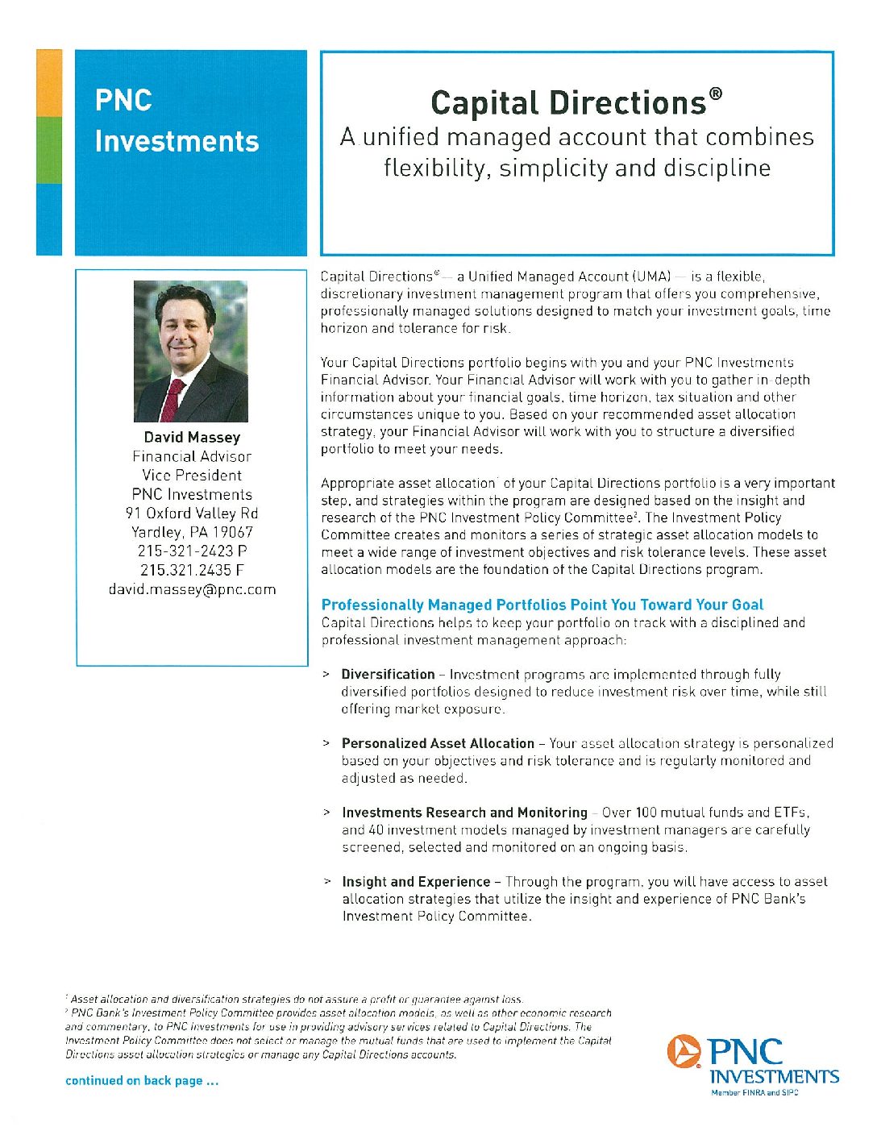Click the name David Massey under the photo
pos(192,438)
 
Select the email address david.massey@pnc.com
pos(192,589)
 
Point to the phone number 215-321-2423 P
pos(192,551)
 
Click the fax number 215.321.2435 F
pos(192,570)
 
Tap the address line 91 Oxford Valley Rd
pos(192,513)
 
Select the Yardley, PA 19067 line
pos(192,532)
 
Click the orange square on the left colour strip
pos(49,83)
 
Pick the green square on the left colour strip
pos(49,150)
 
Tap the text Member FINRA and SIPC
pos(754,1093)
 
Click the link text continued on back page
pos(142,1081)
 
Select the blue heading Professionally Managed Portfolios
pos(542,605)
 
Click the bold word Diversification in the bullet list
pos(388,675)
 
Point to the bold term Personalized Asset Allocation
pos(438,743)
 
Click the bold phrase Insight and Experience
pos(416,882)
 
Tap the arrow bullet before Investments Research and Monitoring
pos(326,813)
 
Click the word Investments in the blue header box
pos(177,141)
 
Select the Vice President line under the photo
pos(192,476)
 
